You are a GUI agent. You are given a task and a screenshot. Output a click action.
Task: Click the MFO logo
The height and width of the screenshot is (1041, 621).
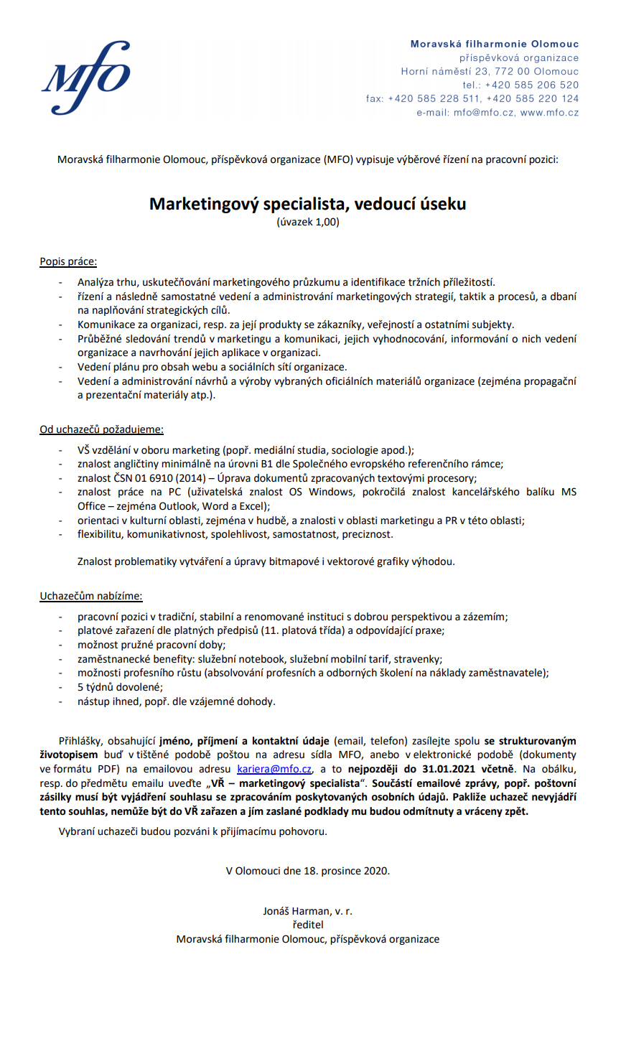click(x=86, y=78)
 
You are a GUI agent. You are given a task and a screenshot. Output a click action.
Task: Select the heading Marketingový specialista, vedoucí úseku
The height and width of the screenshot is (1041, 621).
click(x=307, y=204)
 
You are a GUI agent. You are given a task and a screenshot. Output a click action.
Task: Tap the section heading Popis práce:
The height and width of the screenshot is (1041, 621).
click(x=68, y=262)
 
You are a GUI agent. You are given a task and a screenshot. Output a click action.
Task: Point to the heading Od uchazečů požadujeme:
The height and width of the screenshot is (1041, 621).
click(x=101, y=430)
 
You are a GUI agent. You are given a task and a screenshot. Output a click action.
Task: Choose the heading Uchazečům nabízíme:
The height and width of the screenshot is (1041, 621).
click(x=90, y=596)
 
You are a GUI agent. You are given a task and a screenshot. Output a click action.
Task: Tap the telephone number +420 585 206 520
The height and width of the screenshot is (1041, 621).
click(x=531, y=85)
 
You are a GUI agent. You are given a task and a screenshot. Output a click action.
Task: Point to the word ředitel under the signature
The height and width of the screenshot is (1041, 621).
click(x=307, y=925)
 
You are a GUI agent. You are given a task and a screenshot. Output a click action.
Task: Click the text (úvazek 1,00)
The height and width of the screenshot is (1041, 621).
click(x=307, y=223)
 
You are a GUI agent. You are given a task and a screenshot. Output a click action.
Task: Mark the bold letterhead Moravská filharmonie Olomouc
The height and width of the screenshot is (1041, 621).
click(x=495, y=44)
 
